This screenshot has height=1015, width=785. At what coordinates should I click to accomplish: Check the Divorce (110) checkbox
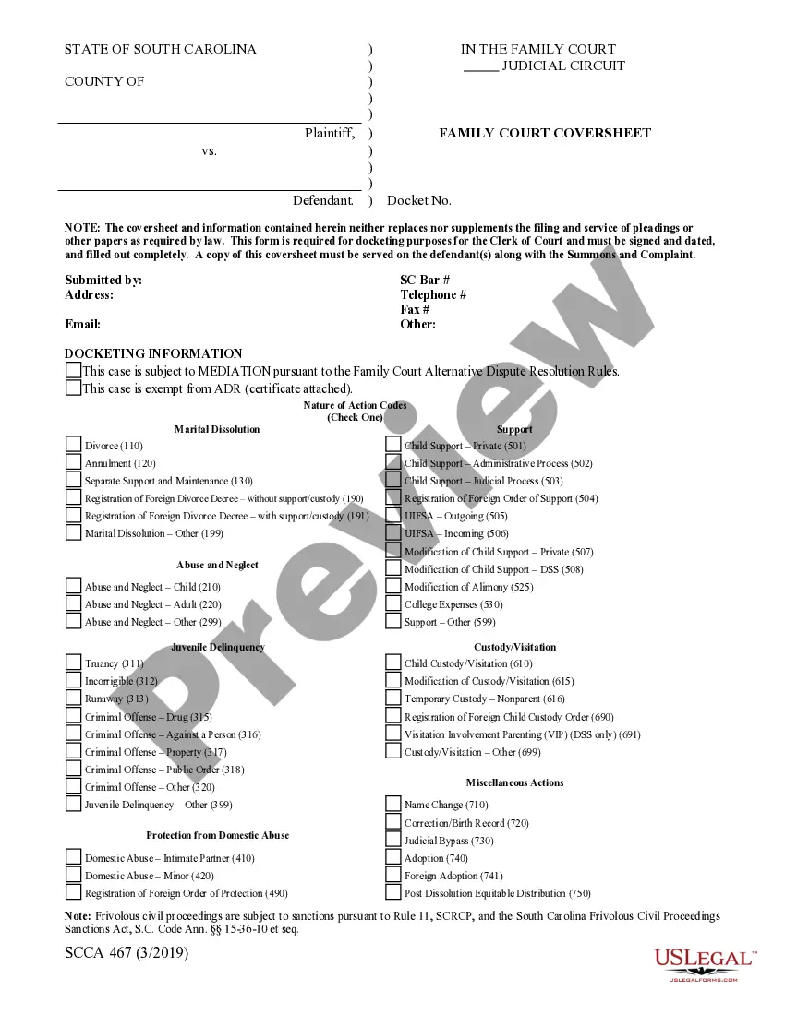click(x=73, y=444)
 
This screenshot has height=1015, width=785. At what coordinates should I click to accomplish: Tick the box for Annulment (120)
click(x=73, y=461)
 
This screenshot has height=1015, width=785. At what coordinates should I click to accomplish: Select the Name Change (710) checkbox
click(x=392, y=804)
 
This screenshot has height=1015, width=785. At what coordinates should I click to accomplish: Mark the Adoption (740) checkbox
click(x=392, y=857)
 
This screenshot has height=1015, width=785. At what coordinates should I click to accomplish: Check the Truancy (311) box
click(x=73, y=662)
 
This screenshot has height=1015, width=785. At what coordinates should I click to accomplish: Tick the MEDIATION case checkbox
click(x=73, y=370)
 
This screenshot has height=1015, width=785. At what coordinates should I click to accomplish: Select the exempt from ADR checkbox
click(x=73, y=388)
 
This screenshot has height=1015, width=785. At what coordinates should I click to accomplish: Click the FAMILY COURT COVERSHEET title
click(x=544, y=133)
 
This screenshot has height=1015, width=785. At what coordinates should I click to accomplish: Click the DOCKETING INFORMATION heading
click(x=153, y=353)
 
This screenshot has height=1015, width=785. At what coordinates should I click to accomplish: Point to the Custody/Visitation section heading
click(x=514, y=647)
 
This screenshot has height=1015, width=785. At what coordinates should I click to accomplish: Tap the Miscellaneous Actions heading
click(x=514, y=782)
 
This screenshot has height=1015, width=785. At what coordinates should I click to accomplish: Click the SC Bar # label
click(x=425, y=280)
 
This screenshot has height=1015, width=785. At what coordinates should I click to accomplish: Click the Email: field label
click(x=83, y=324)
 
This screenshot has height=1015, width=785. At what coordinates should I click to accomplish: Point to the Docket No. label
click(x=419, y=200)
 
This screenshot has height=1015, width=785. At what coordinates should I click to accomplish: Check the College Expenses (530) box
click(x=392, y=603)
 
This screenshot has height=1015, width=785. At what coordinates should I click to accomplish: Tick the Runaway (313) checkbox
click(x=73, y=698)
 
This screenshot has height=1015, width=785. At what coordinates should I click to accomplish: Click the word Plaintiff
click(x=329, y=133)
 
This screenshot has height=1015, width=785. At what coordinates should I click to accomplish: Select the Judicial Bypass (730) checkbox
click(x=392, y=840)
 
